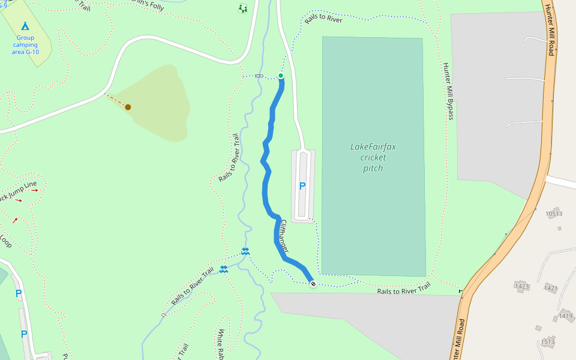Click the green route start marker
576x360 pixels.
point(280,76)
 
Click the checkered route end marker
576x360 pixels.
point(313,284)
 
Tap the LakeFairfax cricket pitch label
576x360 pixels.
point(373,157)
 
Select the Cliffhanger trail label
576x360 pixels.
point(284,235)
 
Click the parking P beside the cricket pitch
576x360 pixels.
point(302,186)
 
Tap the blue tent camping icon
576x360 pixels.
point(25,26)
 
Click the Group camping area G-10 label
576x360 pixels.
point(25,44)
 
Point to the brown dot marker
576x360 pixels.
point(128,107)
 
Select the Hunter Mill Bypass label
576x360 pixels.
point(448,91)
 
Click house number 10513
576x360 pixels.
point(554,214)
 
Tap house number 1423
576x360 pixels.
point(522,286)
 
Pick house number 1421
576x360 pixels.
point(551,288)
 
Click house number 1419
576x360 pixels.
point(565,316)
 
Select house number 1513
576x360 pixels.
point(547,341)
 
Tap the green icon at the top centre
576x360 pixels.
point(242,8)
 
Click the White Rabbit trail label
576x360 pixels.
point(221,344)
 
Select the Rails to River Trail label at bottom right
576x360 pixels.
point(404,290)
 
